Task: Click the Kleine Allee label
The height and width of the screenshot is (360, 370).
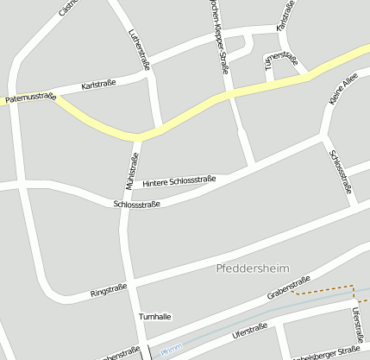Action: pos(342,91)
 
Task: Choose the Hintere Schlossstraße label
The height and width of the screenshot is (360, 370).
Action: pos(179,181)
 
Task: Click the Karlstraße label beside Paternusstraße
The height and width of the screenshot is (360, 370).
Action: pos(98,86)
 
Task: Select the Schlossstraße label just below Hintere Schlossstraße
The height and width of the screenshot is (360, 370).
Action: pos(137,205)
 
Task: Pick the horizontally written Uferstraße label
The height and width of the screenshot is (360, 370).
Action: pos(251,331)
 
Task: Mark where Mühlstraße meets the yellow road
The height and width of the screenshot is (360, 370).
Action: pos(138,137)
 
